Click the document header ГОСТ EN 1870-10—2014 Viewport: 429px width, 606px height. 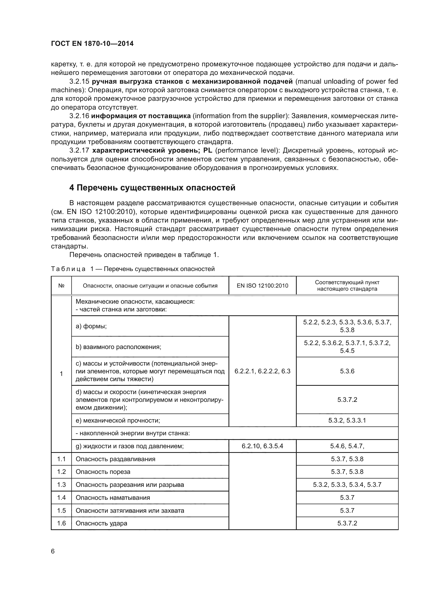pos(92,44)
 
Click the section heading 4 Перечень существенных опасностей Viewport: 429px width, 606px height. pos(152,188)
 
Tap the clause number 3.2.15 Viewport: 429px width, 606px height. pos(79,81)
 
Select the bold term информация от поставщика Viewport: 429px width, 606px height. pos(141,116)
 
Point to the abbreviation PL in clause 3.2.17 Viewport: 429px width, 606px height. pos(208,151)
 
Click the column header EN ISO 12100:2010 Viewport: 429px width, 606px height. pos(262,286)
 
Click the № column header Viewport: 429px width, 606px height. pos(61,286)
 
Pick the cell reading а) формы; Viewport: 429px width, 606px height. pos(91,326)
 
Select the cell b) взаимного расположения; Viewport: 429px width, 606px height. pos(118,347)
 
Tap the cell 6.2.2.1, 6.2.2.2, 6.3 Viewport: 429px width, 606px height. pos(262,371)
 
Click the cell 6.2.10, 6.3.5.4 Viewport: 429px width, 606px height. pos(262,446)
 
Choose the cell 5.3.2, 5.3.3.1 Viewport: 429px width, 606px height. pos(347,420)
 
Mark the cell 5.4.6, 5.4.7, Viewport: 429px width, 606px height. pos(347,446)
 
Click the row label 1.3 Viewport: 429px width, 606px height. pos(61,484)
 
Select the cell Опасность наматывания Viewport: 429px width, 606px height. pos(113,497)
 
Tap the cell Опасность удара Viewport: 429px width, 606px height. pos(101,523)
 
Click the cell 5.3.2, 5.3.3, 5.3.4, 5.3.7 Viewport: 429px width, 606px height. pos(347,484)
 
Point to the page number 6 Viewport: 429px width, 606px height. pos(53,551)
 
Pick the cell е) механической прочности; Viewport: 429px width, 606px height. pos(118,420)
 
